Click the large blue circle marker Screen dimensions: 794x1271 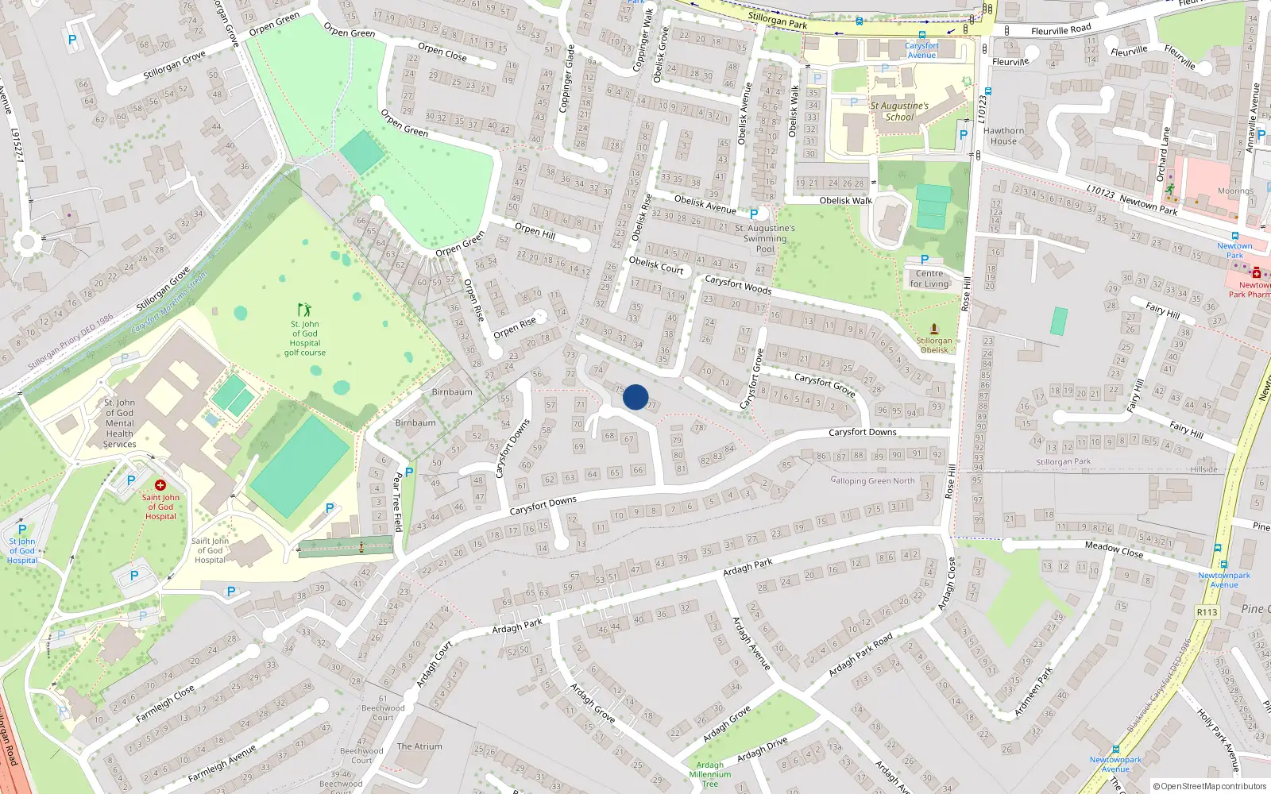635,397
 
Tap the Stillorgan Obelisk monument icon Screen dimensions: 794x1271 934,329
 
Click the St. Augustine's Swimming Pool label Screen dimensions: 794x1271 765,238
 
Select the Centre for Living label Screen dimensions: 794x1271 929,279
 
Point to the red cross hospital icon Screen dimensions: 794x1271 160,484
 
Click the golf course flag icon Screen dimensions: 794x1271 304,310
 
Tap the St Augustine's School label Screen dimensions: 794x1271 899,111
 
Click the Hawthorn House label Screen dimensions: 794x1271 1004,136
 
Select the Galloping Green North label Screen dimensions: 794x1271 873,480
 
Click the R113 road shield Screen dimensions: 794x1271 1207,612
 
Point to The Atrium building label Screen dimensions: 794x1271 419,746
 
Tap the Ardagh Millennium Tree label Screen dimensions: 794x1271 710,774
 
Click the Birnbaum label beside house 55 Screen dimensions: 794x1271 452,392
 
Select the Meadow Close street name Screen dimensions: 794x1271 1114,549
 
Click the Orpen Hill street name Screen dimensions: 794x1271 535,230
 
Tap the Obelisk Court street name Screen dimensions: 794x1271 656,265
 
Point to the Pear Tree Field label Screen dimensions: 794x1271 398,502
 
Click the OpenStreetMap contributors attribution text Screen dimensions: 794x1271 1210,786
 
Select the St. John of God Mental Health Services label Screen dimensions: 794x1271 120,423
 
